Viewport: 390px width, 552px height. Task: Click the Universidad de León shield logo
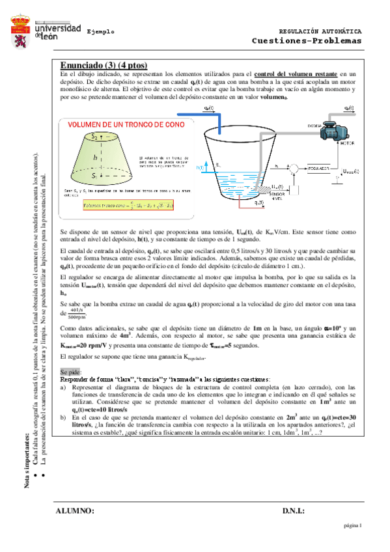(20, 31)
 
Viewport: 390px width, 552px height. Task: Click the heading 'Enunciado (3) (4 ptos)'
(104, 65)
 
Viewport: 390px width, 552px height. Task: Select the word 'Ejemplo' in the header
(100, 31)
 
